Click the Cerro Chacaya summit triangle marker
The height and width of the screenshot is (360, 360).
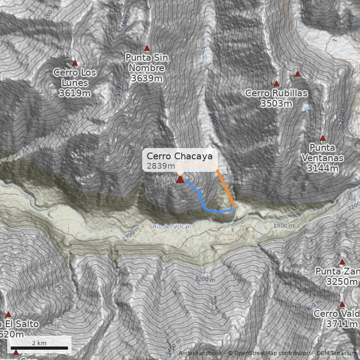click(x=180, y=180)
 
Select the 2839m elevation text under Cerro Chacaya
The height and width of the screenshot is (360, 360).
click(x=161, y=166)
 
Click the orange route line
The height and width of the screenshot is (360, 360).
click(x=225, y=186)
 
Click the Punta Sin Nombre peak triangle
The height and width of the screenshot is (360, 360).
click(x=146, y=48)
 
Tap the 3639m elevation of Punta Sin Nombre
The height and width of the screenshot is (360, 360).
click(x=146, y=78)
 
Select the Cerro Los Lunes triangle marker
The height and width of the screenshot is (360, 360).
click(x=75, y=63)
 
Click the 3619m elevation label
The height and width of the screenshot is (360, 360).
click(x=75, y=94)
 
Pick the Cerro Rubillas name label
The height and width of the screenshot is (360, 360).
click(x=276, y=93)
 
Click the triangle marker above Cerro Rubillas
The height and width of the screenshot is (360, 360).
click(x=276, y=84)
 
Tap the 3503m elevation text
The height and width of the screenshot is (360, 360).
click(x=276, y=103)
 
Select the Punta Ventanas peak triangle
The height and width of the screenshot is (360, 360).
click(x=323, y=138)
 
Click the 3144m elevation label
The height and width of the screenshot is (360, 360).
click(x=323, y=168)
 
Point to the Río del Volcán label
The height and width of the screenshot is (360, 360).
click(x=172, y=227)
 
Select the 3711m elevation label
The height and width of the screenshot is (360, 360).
click(x=343, y=324)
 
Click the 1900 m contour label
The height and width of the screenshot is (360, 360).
click(x=284, y=226)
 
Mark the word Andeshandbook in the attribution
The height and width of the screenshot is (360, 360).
click(x=200, y=353)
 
